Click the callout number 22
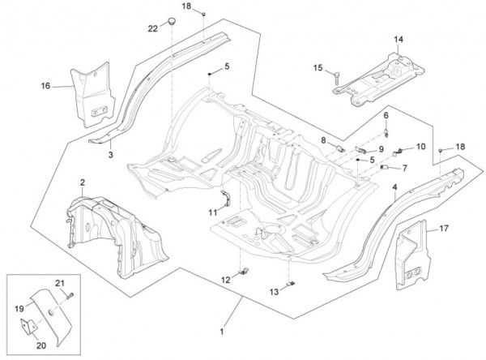[x=152, y=29]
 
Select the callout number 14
[x=399, y=39]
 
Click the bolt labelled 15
[x=334, y=79]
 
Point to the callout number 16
[x=45, y=85]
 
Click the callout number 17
[x=445, y=228]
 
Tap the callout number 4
[x=395, y=187]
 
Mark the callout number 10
[x=420, y=147]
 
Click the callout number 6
[x=386, y=116]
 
